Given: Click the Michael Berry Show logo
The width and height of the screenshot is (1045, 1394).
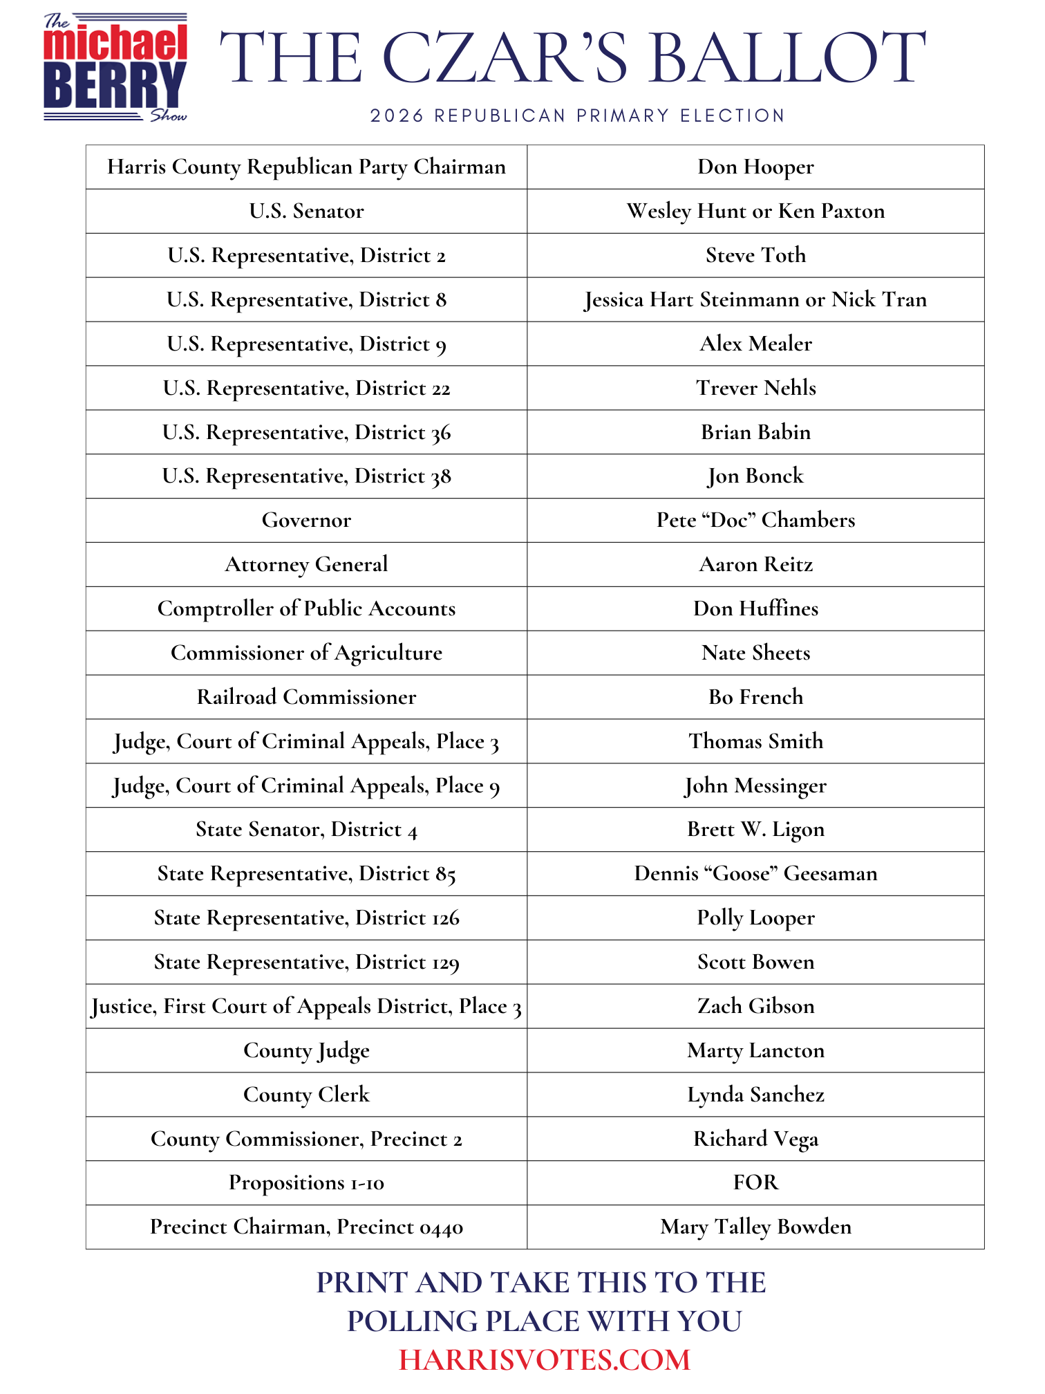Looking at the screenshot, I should coord(115,68).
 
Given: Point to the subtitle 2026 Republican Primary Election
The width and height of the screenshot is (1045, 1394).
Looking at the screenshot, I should coord(578,115).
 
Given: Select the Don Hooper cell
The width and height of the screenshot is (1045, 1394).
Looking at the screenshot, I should coord(755,167).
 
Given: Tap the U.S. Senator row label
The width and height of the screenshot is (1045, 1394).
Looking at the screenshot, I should coord(306,212).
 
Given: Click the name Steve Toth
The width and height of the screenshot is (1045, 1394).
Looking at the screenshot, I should coord(755,256).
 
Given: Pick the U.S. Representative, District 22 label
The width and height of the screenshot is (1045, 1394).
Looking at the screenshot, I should coord(306,389).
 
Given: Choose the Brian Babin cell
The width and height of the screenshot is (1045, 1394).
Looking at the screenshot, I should coord(755,433).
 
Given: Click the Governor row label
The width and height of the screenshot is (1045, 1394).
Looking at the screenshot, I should coord(306,521).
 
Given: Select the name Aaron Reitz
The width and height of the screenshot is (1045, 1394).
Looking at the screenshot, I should coord(755,565).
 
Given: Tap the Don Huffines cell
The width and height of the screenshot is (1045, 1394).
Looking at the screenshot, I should coord(755,609).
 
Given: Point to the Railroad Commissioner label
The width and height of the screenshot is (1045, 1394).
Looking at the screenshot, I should coord(306,697).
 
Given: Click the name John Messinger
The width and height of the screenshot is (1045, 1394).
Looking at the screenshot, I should coord(755,786).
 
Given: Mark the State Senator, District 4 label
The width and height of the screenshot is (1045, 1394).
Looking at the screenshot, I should coord(306,830).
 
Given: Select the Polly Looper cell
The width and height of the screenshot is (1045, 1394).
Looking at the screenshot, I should coord(755,918).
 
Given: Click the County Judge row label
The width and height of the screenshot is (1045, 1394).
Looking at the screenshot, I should coord(306,1051).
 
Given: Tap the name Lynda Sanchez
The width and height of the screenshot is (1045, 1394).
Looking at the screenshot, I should coord(755,1095).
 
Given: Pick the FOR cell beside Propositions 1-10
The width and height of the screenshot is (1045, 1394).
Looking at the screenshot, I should coord(755,1183).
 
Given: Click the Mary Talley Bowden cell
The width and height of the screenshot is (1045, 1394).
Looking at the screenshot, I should coord(755,1227).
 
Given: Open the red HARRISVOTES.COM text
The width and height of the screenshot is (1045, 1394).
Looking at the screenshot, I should coord(545,1360).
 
